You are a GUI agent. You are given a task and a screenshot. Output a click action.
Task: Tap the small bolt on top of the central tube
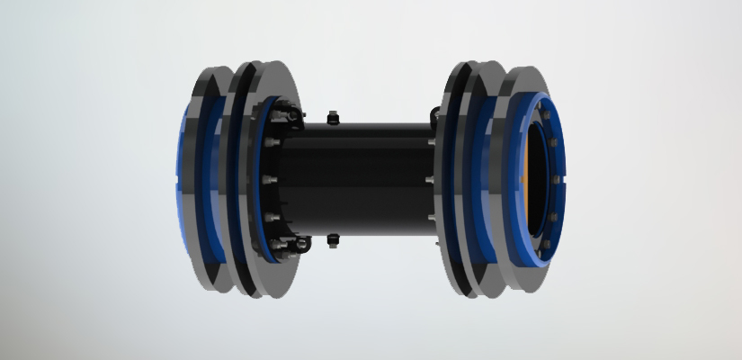click(334, 117)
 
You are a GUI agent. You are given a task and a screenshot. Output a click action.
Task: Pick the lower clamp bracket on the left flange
click(292, 244)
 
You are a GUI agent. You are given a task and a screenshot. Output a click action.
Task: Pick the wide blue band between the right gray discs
click(493, 180)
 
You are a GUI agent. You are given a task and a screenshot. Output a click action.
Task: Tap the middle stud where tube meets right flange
click(433, 180)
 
